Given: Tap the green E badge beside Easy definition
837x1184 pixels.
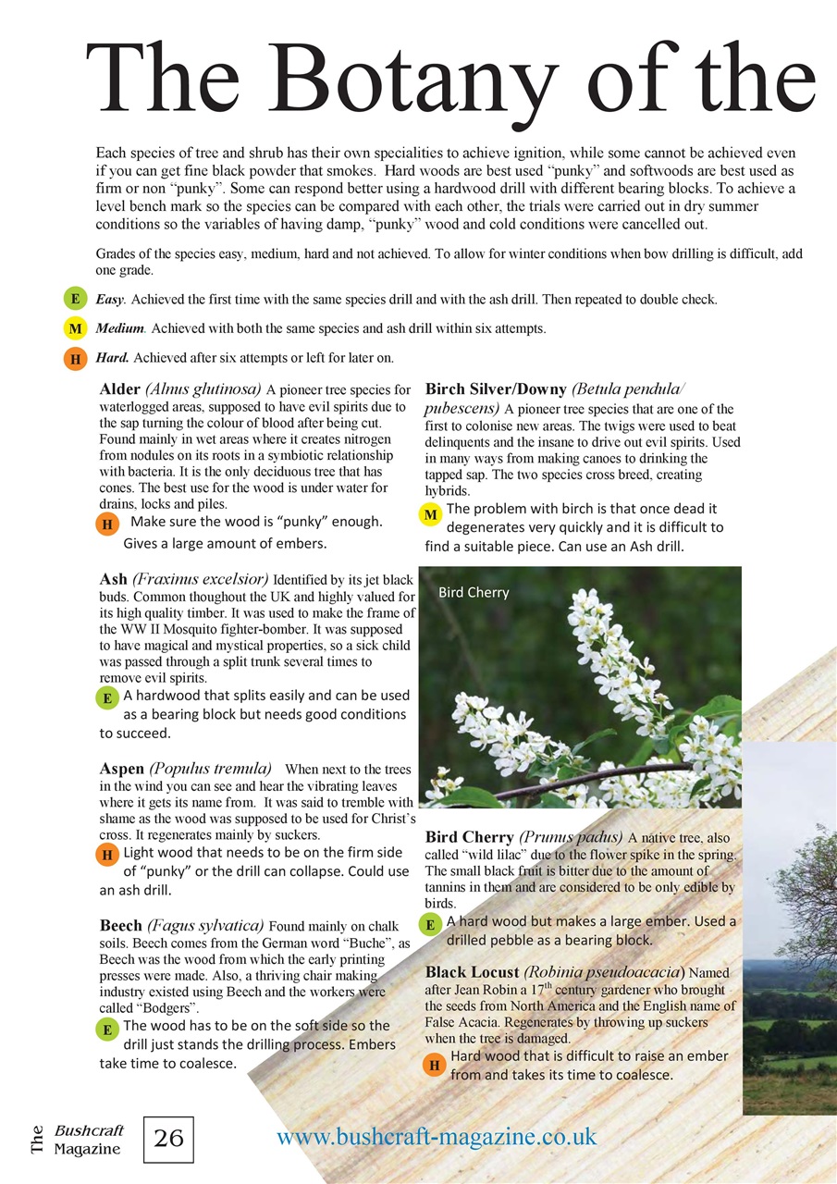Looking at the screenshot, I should [75, 299].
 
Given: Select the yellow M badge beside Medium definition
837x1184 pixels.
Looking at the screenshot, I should [75, 328].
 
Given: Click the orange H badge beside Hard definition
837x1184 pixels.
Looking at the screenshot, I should [75, 358].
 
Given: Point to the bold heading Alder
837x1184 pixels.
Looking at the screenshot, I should [119, 389].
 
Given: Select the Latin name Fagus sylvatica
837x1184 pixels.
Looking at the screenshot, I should [205, 925].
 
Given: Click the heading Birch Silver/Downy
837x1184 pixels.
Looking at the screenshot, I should [490, 389].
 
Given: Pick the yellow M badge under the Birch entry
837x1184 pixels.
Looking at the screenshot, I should [430, 514].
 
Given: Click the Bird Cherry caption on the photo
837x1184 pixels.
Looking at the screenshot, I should [474, 592].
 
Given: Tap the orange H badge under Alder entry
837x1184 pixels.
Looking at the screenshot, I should [107, 524].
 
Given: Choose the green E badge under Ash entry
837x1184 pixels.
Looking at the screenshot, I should [107, 698].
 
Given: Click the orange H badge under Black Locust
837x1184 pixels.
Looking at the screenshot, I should [435, 1066].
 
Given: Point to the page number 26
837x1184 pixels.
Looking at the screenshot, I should [168, 1139].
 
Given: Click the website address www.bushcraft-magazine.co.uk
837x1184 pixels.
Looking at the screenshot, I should [437, 1136].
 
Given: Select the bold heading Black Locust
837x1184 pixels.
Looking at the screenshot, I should [472, 972].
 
